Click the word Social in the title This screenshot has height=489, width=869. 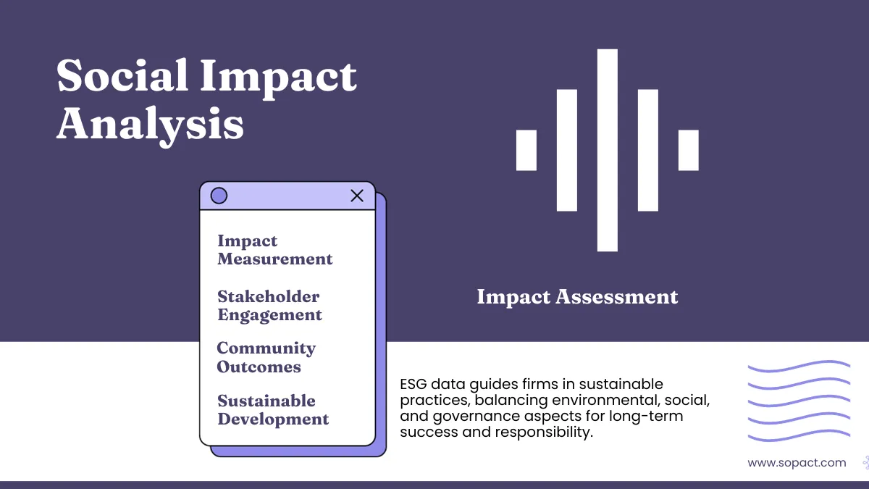pos(122,75)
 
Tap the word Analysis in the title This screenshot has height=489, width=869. pos(150,122)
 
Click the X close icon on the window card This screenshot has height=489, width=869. pos(357,196)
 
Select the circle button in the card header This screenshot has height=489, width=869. pos(219,196)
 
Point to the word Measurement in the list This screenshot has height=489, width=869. pos(275,259)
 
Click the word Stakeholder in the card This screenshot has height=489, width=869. pos(268,296)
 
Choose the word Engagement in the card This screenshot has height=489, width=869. pos(269,315)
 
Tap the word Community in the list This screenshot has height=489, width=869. pos(266,348)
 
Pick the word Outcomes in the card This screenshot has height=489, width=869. pos(259,367)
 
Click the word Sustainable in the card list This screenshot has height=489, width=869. pos(266,401)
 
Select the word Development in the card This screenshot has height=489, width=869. pos(273,419)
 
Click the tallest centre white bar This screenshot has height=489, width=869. pos(608,150)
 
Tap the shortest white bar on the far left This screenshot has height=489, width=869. pos(526,150)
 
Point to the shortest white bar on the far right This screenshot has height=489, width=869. pos(689,150)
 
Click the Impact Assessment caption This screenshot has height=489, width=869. pos(577,296)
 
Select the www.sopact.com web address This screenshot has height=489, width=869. pos(797,462)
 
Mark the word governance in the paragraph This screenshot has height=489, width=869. pos(457,417)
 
